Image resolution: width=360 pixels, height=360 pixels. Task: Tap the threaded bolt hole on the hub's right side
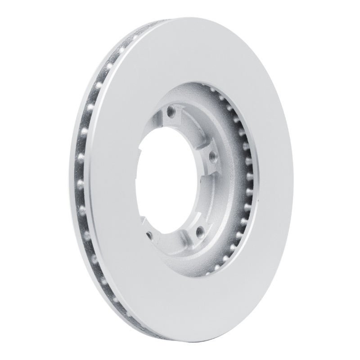point(212,157)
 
